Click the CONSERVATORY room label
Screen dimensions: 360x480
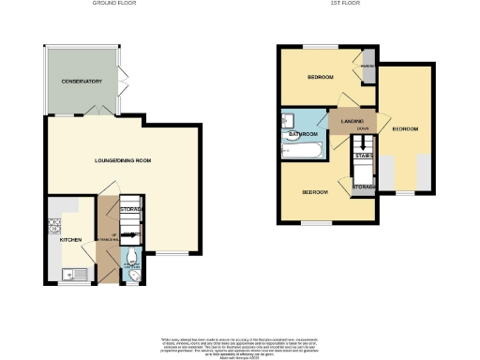[x=82, y=82]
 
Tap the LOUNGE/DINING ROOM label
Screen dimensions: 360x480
[x=124, y=161]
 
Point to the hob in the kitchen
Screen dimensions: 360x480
[x=52, y=225]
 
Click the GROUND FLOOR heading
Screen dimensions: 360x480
[x=114, y=4]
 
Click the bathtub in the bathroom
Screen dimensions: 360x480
[x=306, y=149]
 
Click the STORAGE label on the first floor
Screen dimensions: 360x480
[x=364, y=187]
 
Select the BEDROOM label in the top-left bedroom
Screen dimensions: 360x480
[x=321, y=77]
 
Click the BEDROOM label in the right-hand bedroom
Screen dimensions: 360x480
[x=405, y=128]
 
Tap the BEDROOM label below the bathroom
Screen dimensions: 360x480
[x=314, y=192]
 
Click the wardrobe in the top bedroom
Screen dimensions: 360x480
[x=368, y=68]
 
